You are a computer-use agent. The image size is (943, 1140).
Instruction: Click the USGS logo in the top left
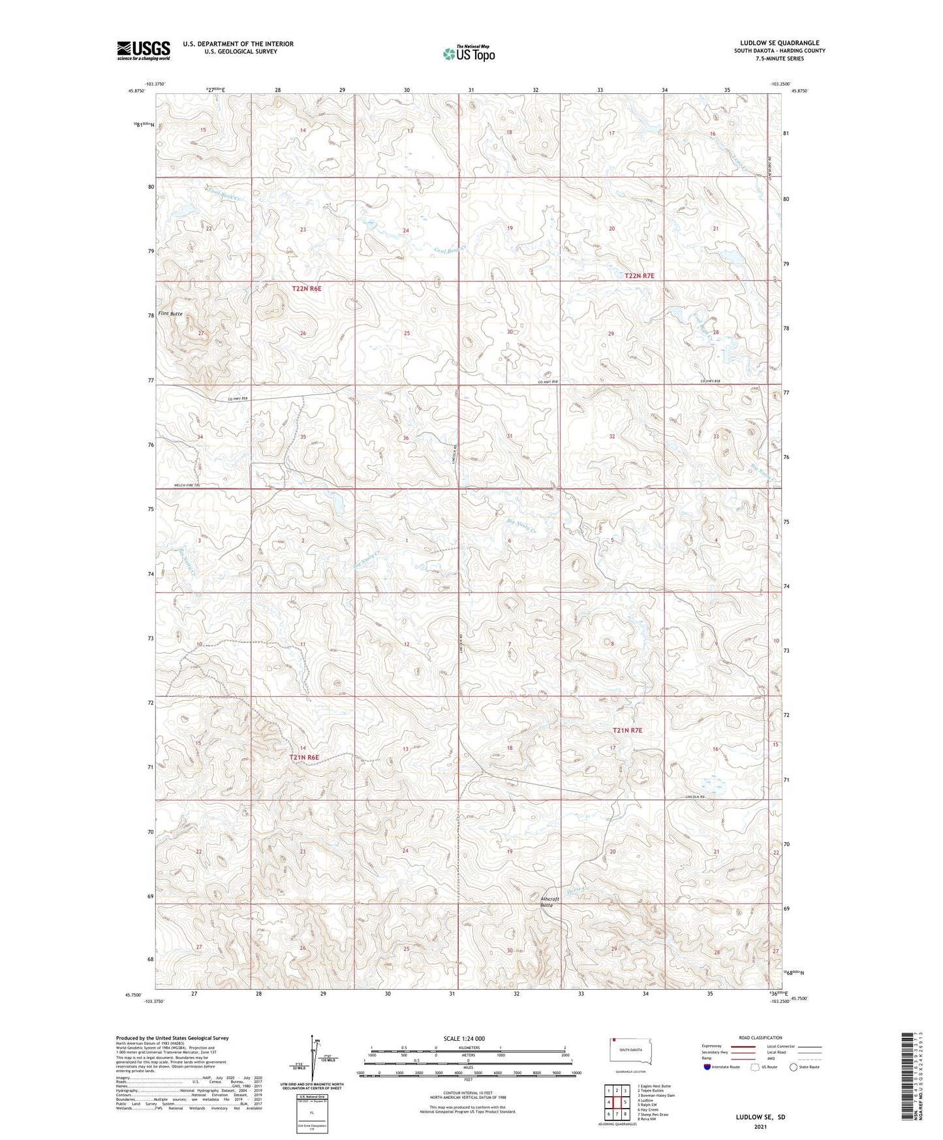click(x=143, y=50)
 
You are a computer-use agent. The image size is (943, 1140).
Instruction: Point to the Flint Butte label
click(x=170, y=314)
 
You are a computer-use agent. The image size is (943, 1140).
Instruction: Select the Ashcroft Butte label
click(x=549, y=902)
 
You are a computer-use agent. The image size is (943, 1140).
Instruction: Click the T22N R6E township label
click(x=307, y=288)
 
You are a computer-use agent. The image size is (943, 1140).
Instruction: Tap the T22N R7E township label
click(x=639, y=276)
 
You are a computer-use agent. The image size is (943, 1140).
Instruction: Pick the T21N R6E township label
click(x=304, y=757)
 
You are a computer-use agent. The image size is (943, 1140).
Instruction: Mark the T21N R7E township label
click(x=627, y=730)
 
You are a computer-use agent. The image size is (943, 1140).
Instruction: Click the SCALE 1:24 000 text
click(x=464, y=1039)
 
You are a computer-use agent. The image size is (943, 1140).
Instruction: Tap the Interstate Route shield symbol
click(x=707, y=1067)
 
